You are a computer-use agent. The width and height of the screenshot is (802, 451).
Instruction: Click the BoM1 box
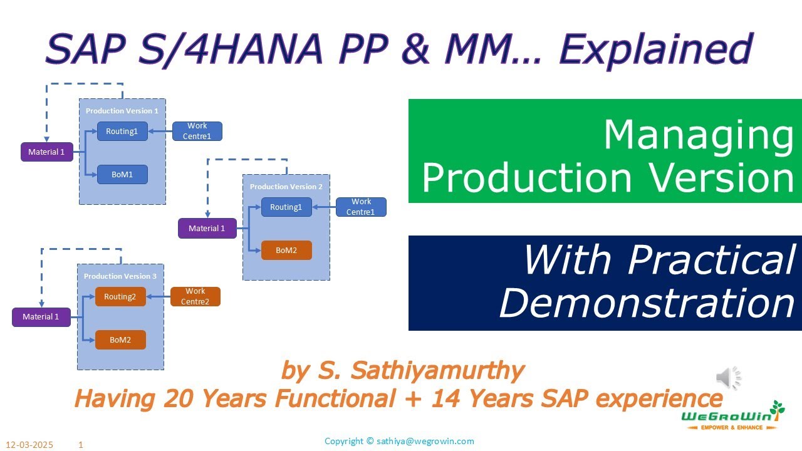coord(122,175)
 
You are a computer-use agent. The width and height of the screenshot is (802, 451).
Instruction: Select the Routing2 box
coord(120,297)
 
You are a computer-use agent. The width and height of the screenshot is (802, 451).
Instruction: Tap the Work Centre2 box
coord(195,296)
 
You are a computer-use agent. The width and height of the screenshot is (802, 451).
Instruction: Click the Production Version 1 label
coord(122,111)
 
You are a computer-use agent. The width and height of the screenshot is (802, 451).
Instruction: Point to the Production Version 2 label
coord(286,187)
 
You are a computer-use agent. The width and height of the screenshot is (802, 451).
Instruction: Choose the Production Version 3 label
coord(120,276)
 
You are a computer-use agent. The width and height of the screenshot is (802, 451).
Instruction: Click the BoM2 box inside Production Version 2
coord(286,251)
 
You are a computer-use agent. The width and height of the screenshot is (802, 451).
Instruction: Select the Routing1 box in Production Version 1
coord(122,132)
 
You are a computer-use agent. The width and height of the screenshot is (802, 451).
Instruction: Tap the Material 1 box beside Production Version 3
coord(41,317)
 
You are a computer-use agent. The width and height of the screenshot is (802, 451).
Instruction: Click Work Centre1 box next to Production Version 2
coord(362,207)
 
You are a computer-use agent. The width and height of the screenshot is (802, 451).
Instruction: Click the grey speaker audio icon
coord(728,378)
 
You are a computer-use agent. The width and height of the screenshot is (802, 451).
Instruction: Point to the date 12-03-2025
coord(30,445)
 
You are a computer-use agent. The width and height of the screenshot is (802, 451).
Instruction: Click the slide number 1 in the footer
coord(81,445)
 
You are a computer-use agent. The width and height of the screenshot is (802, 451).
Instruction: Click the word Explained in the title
coord(655,48)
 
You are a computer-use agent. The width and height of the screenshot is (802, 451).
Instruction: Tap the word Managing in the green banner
coord(698,135)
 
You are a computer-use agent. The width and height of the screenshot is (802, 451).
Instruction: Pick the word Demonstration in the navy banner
coord(647,303)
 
